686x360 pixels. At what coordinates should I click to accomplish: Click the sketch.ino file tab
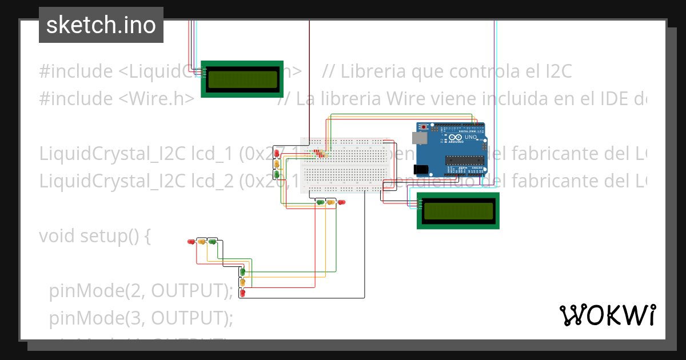pyautogui.click(x=101, y=25)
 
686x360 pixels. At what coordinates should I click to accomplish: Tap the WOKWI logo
pyautogui.click(x=607, y=315)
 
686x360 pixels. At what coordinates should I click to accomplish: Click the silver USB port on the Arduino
pyautogui.click(x=418, y=138)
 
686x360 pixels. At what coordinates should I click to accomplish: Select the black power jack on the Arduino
pyautogui.click(x=420, y=169)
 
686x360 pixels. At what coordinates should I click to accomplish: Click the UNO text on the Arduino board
pyautogui.click(x=470, y=138)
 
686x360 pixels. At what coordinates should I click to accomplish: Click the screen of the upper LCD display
pyautogui.click(x=242, y=79)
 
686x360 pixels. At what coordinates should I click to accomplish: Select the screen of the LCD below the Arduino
pyautogui.click(x=458, y=211)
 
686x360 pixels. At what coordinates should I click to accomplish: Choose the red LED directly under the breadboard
pyautogui.click(x=341, y=202)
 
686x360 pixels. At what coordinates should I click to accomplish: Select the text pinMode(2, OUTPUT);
pyautogui.click(x=141, y=290)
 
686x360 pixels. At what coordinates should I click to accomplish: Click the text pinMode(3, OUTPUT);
pyautogui.click(x=141, y=317)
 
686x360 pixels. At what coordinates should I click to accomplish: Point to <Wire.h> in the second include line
pyautogui.click(x=157, y=99)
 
